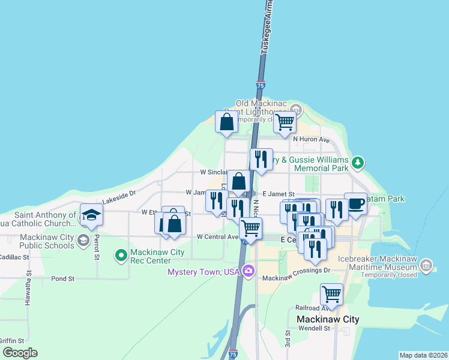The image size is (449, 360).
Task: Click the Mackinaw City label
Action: pyautogui.click(x=328, y=319)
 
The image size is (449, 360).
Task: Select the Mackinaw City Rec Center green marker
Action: pyautogui.click(x=121, y=256)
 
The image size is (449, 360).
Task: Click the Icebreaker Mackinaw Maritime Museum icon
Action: pyautogui.click(x=426, y=265)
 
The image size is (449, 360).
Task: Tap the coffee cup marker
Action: pyautogui.click(x=355, y=204)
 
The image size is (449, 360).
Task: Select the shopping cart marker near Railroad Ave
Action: pyautogui.click(x=331, y=295)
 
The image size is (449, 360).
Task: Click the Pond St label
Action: pyautogui.click(x=62, y=279)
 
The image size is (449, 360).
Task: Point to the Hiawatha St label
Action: pyautogui.click(x=28, y=292)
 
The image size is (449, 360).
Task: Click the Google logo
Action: pyautogui.click(x=20, y=353)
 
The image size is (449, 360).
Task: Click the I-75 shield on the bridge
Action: pyautogui.click(x=260, y=86)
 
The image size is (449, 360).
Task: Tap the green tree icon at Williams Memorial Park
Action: pyautogui.click(x=358, y=162)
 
